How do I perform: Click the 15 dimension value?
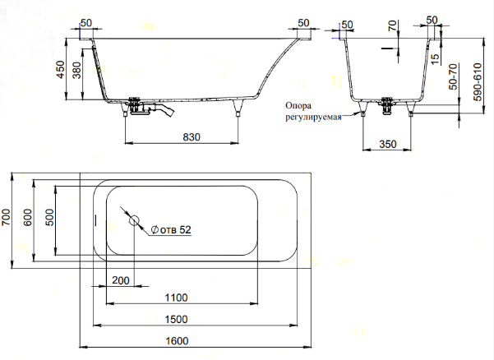point(433,61)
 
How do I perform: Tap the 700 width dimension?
point(7,219)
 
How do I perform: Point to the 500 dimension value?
point(49,219)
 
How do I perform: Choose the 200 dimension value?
point(120,281)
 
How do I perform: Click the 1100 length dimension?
point(177,298)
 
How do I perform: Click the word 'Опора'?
point(299,105)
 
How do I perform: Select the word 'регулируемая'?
point(313,117)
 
